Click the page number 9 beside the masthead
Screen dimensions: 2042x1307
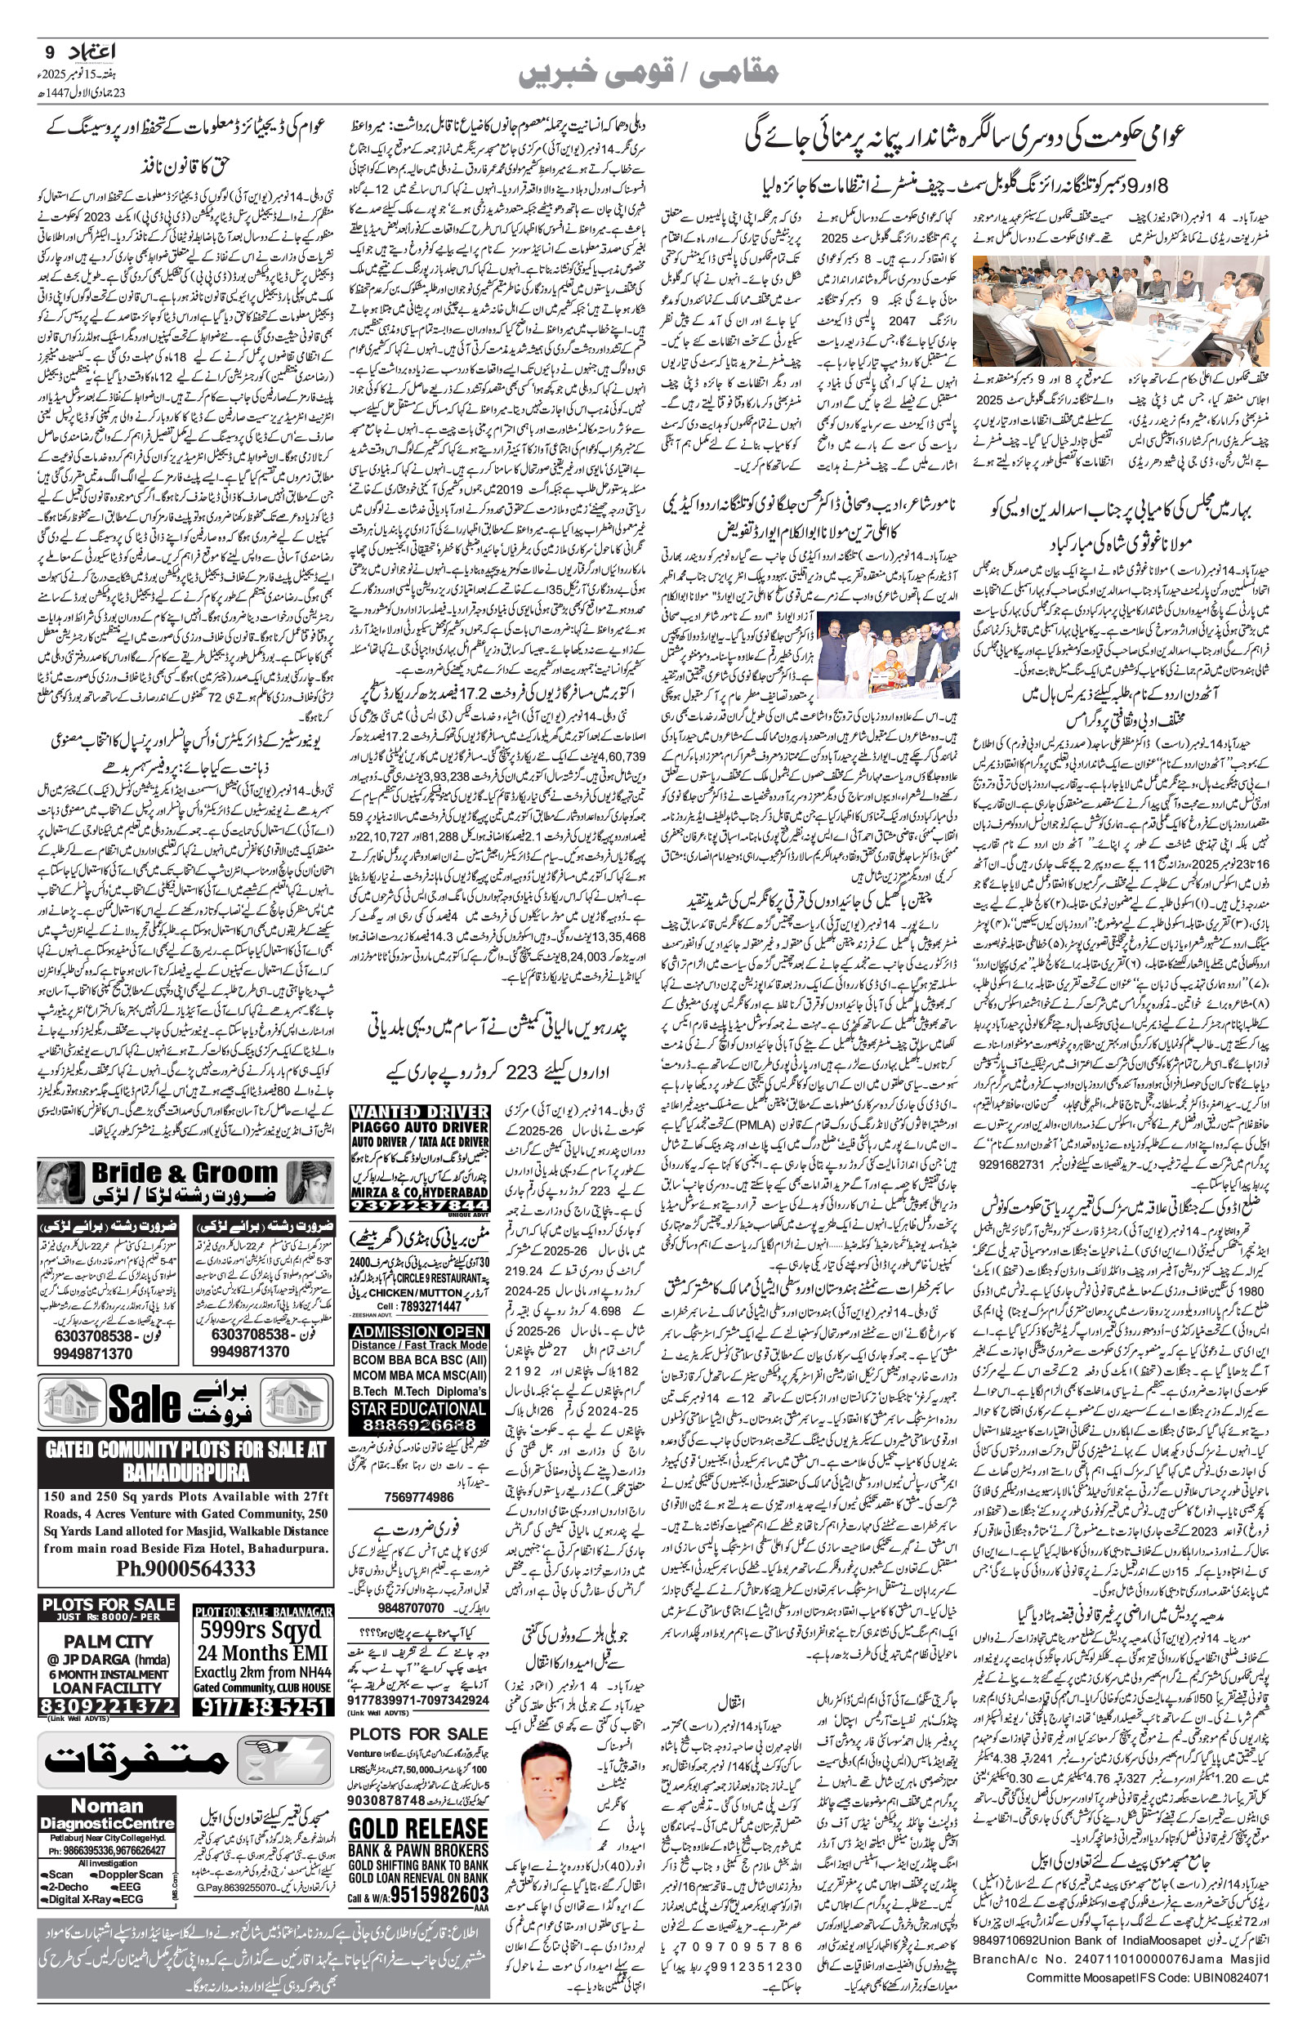(x=46, y=51)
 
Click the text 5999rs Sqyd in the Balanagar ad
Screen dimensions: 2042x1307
(x=260, y=1630)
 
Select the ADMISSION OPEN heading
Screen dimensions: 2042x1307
(x=419, y=1331)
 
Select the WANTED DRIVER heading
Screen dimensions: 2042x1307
(x=419, y=1112)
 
